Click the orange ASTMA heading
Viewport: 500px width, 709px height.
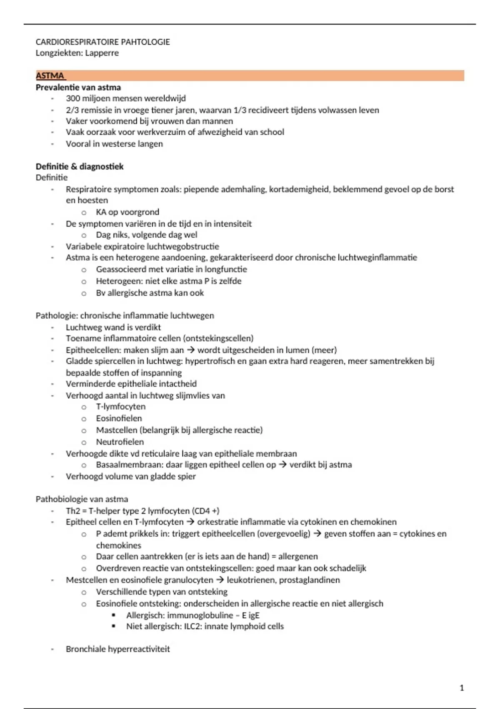tap(50, 75)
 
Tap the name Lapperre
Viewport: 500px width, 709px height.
tap(102, 53)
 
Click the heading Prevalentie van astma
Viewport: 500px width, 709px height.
tap(78, 87)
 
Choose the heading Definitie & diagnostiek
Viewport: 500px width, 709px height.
tap(80, 166)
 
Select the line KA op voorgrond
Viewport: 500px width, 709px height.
tap(127, 212)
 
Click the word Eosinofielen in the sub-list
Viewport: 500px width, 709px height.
tap(119, 418)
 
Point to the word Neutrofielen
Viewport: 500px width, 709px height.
tap(120, 442)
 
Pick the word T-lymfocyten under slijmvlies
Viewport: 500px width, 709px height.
tap(121, 407)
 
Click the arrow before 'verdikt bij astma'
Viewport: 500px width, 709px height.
tap(282, 465)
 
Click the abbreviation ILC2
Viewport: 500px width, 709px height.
tap(192, 626)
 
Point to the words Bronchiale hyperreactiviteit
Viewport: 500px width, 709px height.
tap(118, 649)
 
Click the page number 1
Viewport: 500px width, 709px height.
tap(461, 688)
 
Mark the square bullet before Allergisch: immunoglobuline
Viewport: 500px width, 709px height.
tap(113, 615)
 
